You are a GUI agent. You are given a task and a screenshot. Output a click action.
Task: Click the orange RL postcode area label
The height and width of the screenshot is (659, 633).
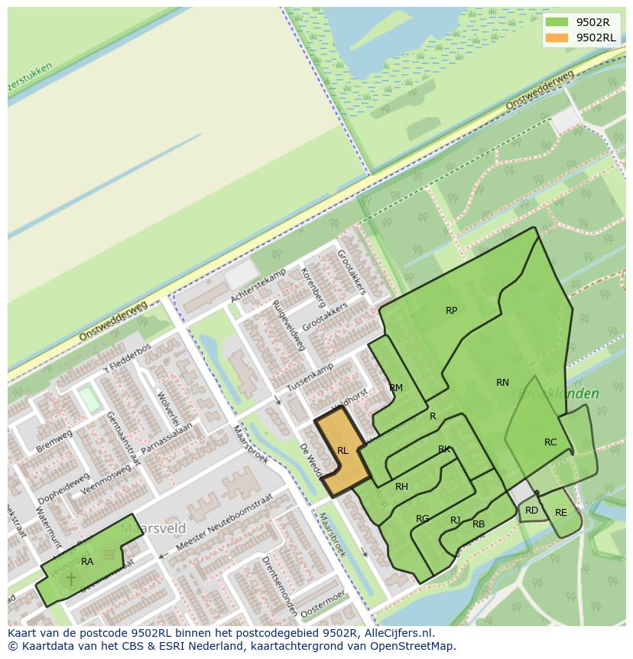point(342,451)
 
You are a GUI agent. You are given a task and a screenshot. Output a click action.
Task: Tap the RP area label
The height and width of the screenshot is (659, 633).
point(451,311)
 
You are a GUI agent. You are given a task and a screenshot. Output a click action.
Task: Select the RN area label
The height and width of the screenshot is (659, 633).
point(502,383)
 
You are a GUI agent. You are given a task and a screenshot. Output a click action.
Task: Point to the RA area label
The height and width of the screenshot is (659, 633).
point(87,562)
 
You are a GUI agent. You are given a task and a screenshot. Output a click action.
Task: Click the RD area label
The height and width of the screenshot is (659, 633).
point(531,511)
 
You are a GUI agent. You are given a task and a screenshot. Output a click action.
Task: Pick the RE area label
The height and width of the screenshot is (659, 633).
point(561,513)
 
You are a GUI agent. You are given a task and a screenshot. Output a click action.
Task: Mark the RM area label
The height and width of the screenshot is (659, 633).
point(396,388)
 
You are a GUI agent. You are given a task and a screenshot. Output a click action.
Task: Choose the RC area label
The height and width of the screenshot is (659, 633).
point(550,442)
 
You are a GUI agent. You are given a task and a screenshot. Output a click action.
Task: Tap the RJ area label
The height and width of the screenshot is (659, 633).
point(456,520)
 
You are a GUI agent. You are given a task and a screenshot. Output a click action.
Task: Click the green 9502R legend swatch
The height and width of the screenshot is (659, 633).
point(557,22)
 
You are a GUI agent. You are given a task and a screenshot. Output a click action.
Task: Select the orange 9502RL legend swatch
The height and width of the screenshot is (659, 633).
point(557,38)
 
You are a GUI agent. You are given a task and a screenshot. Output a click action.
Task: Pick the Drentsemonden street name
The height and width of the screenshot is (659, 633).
point(279,586)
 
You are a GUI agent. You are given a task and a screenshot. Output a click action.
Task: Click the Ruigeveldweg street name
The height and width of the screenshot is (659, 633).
point(289,326)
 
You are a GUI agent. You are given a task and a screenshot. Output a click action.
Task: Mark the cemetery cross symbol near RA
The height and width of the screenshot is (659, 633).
point(72,578)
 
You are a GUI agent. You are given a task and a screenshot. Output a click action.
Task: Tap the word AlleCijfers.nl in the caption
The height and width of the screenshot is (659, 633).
point(398,634)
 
